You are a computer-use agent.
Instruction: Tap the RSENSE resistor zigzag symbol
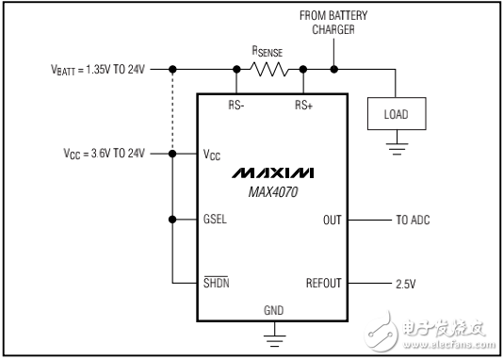[x=268, y=69]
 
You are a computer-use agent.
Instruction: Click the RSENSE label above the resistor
[x=268, y=52]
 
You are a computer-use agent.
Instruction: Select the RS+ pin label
[x=303, y=105]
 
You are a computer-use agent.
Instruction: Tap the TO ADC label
[x=414, y=219]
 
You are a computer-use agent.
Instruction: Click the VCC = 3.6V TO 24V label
[x=98, y=153]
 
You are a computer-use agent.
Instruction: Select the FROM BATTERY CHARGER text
[x=333, y=22]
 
